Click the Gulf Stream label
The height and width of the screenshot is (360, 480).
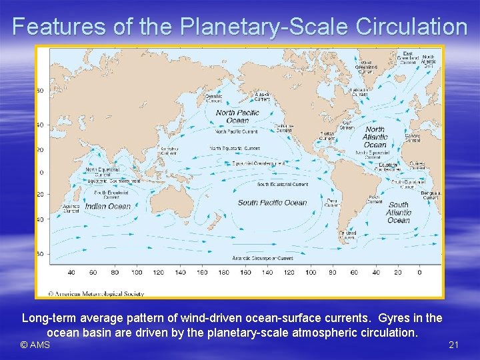(x=347, y=124)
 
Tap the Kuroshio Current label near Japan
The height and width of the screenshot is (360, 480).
(x=169, y=150)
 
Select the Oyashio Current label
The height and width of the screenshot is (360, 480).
(x=214, y=99)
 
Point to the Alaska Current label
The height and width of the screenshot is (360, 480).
(x=263, y=97)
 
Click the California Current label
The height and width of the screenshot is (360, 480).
(x=284, y=128)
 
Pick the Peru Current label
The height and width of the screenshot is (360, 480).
(x=331, y=203)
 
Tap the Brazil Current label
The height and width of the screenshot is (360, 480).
(x=374, y=199)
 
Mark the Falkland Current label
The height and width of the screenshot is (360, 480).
(x=347, y=235)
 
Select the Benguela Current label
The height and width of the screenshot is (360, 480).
(x=431, y=195)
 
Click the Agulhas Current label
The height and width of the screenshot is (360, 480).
(x=72, y=209)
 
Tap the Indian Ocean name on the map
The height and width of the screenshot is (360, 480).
(x=108, y=207)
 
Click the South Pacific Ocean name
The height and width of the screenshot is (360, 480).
(x=272, y=203)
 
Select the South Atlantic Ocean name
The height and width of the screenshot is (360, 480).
(x=399, y=213)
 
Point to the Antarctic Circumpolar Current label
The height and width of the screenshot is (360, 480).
(x=262, y=258)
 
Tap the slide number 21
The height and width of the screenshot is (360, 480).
(x=454, y=345)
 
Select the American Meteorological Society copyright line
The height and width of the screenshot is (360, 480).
(x=96, y=293)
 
